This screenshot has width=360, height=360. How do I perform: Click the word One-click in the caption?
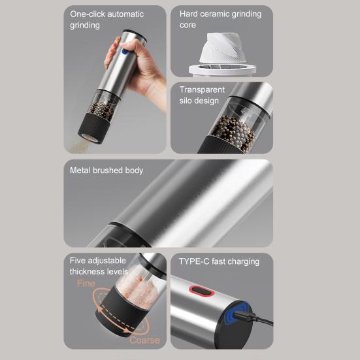pos(88,14)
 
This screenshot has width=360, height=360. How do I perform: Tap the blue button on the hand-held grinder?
pos(125,51)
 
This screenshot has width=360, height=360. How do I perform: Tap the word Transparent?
pos(202,90)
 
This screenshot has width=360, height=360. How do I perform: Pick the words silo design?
pos(199,101)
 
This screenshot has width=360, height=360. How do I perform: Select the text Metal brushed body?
pos(106,171)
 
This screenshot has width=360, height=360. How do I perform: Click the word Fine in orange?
pos(86,284)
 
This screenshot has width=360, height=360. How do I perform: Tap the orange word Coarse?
pos(144,340)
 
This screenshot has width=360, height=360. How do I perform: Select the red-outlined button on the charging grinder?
pos(202,291)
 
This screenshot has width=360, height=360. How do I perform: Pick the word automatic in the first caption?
pos(125,14)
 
